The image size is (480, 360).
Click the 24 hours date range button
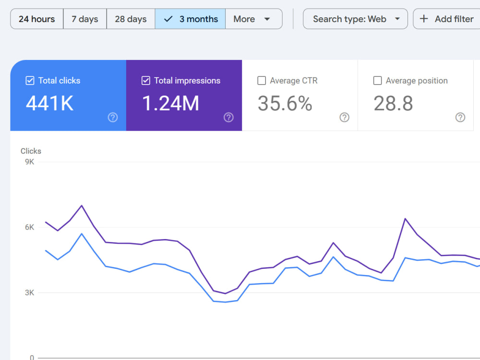[37, 19]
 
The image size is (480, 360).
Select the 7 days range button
[85, 19]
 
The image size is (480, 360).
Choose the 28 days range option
[131, 19]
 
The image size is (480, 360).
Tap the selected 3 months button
[190, 19]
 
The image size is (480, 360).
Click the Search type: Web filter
[355, 19]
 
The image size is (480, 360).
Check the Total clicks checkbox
[30, 81]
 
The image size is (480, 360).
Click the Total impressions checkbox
[146, 81]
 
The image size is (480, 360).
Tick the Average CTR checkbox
[262, 81]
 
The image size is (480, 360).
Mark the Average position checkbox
[377, 81]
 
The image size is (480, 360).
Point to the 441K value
[49, 103]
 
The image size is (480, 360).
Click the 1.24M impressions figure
[170, 103]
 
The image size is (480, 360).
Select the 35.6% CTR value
[285, 103]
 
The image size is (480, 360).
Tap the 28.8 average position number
[393, 103]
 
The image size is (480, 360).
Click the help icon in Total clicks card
[113, 117]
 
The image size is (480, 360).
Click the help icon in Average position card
[460, 117]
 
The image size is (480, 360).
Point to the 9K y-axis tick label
[30, 162]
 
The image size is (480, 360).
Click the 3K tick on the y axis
[30, 292]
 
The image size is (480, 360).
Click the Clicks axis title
[31, 151]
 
